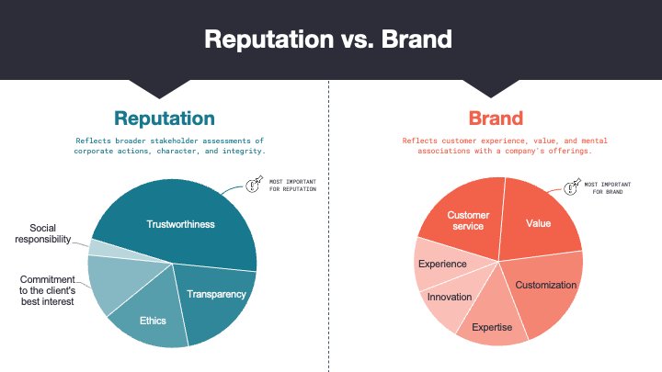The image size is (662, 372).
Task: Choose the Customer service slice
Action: pyautogui.click(x=466, y=220)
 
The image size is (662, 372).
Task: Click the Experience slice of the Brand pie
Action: pyautogui.click(x=443, y=264)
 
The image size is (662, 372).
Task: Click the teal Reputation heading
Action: pyautogui.click(x=165, y=118)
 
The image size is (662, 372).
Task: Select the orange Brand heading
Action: pyautogui.click(x=496, y=118)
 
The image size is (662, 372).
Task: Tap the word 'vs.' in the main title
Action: pyautogui.click(x=359, y=39)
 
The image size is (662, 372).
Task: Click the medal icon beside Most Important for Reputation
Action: pyautogui.click(x=254, y=185)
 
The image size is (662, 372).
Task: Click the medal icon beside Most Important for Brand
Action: pyautogui.click(x=573, y=186)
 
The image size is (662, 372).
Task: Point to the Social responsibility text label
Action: pyautogui.click(x=43, y=233)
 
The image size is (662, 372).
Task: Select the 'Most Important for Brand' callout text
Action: pyautogui.click(x=608, y=188)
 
